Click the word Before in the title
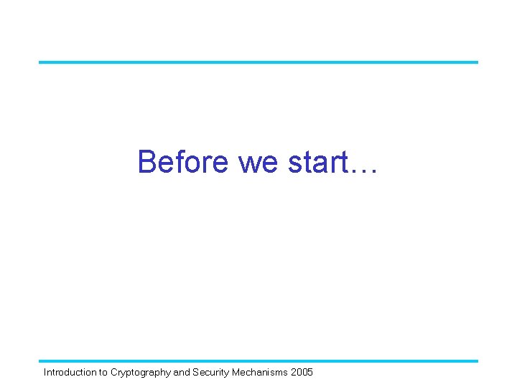click(x=184, y=162)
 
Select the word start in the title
click(x=315, y=163)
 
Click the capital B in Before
click(x=147, y=162)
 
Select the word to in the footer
click(x=103, y=373)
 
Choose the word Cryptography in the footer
click(x=141, y=373)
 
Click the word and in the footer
click(x=182, y=373)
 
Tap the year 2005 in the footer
click(x=302, y=373)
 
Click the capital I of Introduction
click(x=45, y=373)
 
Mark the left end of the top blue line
click(x=40, y=62)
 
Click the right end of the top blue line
click(x=476, y=62)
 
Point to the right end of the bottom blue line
click(x=476, y=360)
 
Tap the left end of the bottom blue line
click(x=40, y=360)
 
